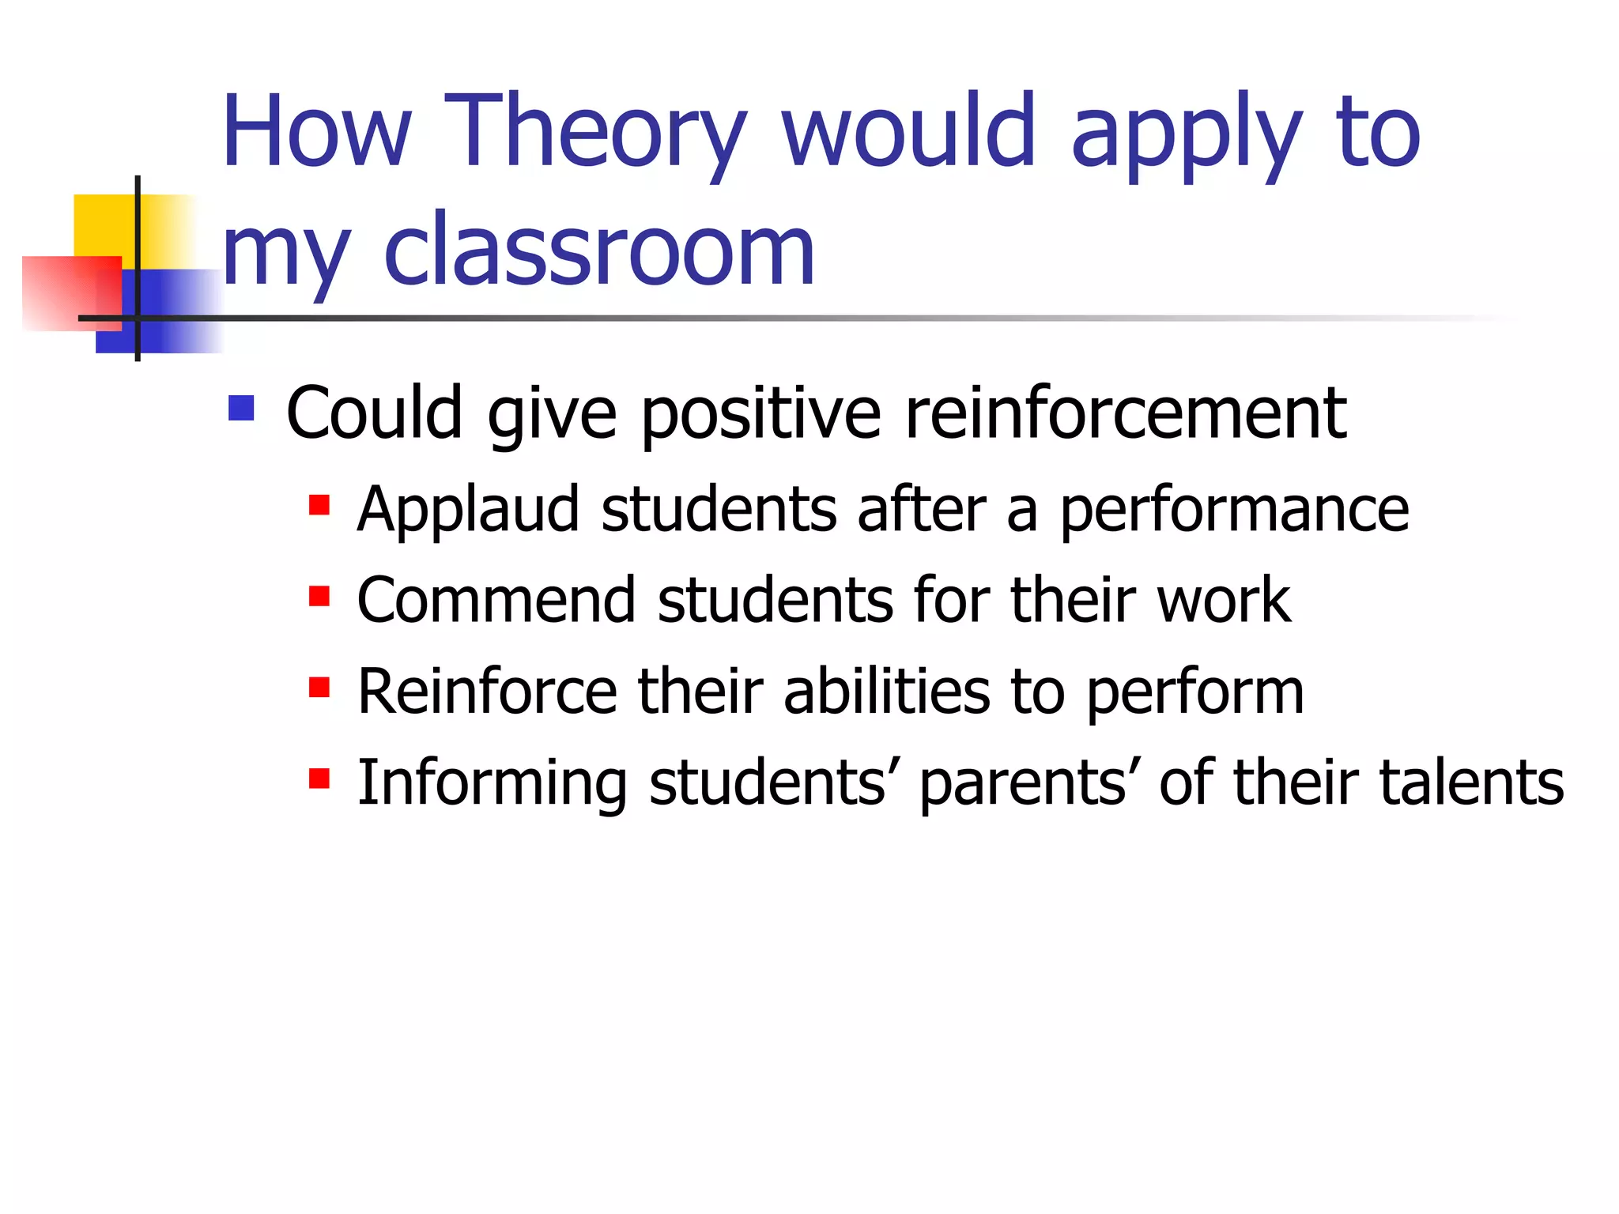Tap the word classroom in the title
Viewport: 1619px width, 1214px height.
point(598,251)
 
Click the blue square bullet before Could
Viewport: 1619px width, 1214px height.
point(241,409)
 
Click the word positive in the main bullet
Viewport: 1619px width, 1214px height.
point(760,414)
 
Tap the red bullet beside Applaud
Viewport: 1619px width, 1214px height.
point(319,505)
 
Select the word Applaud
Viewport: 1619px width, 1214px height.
point(469,510)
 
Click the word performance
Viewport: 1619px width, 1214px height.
point(1234,510)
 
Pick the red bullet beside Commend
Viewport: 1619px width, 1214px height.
point(319,596)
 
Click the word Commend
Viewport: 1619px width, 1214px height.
point(496,600)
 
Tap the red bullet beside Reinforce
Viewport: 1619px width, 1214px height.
point(319,688)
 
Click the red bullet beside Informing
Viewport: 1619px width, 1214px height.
point(319,779)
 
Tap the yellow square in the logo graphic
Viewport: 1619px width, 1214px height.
point(103,225)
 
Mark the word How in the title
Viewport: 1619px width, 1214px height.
point(316,132)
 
